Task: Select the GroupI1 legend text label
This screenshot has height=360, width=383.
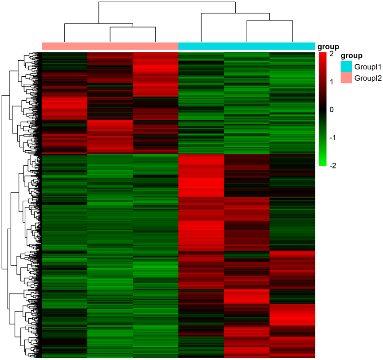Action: [368, 67]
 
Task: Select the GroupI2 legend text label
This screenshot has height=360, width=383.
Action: [368, 78]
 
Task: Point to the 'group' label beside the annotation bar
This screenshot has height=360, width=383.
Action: [327, 47]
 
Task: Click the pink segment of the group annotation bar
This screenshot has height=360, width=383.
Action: [110, 46]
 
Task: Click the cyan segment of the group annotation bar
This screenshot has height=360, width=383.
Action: [246, 46]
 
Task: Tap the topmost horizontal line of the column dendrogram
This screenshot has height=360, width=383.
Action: [167, 2]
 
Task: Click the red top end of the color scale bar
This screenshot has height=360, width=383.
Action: [323, 55]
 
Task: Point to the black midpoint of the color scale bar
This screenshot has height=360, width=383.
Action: [323, 110]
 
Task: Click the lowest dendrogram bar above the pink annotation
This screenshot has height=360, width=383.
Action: [133, 28]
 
